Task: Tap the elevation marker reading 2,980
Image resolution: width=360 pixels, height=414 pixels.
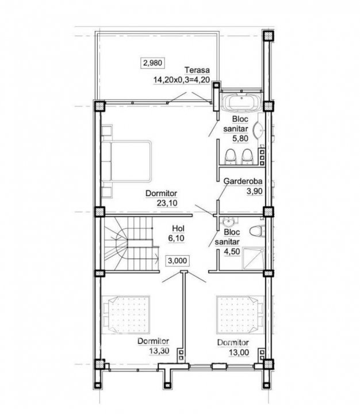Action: [152, 63]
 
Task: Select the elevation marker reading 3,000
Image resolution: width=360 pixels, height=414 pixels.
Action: [178, 260]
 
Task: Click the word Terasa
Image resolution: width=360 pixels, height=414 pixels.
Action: [197, 70]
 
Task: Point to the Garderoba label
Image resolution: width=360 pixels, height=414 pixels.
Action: [243, 181]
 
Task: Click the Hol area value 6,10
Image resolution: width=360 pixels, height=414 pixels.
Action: [177, 238]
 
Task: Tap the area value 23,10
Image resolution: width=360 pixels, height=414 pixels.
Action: [167, 203]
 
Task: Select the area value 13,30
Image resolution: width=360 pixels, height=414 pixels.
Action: [159, 351]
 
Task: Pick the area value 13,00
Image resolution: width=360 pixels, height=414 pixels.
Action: [239, 352]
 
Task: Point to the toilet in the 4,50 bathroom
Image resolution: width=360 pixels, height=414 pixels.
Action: [257, 231]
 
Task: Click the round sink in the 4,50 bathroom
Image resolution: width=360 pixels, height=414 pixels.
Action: [228, 222]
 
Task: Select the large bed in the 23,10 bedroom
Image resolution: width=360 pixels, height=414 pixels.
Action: [126, 161]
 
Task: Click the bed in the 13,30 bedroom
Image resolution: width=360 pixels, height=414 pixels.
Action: [126, 315]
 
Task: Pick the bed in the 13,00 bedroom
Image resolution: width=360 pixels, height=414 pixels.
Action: [240, 315]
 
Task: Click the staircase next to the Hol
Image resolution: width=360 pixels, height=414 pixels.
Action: [129, 243]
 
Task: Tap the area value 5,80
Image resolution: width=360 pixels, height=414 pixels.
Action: [240, 139]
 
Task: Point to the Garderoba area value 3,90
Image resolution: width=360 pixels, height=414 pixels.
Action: [254, 191]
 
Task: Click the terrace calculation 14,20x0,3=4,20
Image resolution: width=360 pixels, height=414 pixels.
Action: [182, 80]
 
